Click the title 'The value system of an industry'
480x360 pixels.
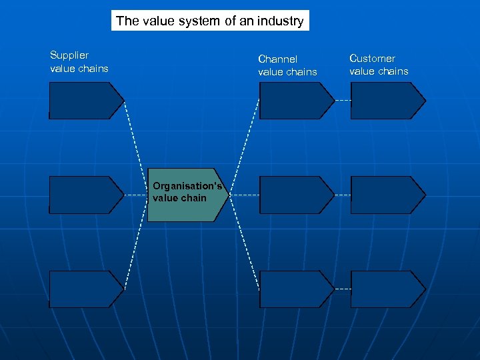click(x=209, y=21)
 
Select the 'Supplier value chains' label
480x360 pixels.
click(x=79, y=62)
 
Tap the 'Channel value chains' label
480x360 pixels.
click(x=287, y=65)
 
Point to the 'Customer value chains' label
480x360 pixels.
click(x=379, y=65)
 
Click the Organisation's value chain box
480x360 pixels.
click(x=187, y=195)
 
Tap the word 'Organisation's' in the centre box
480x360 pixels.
click(x=187, y=187)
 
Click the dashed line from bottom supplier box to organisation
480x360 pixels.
click(x=133, y=247)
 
